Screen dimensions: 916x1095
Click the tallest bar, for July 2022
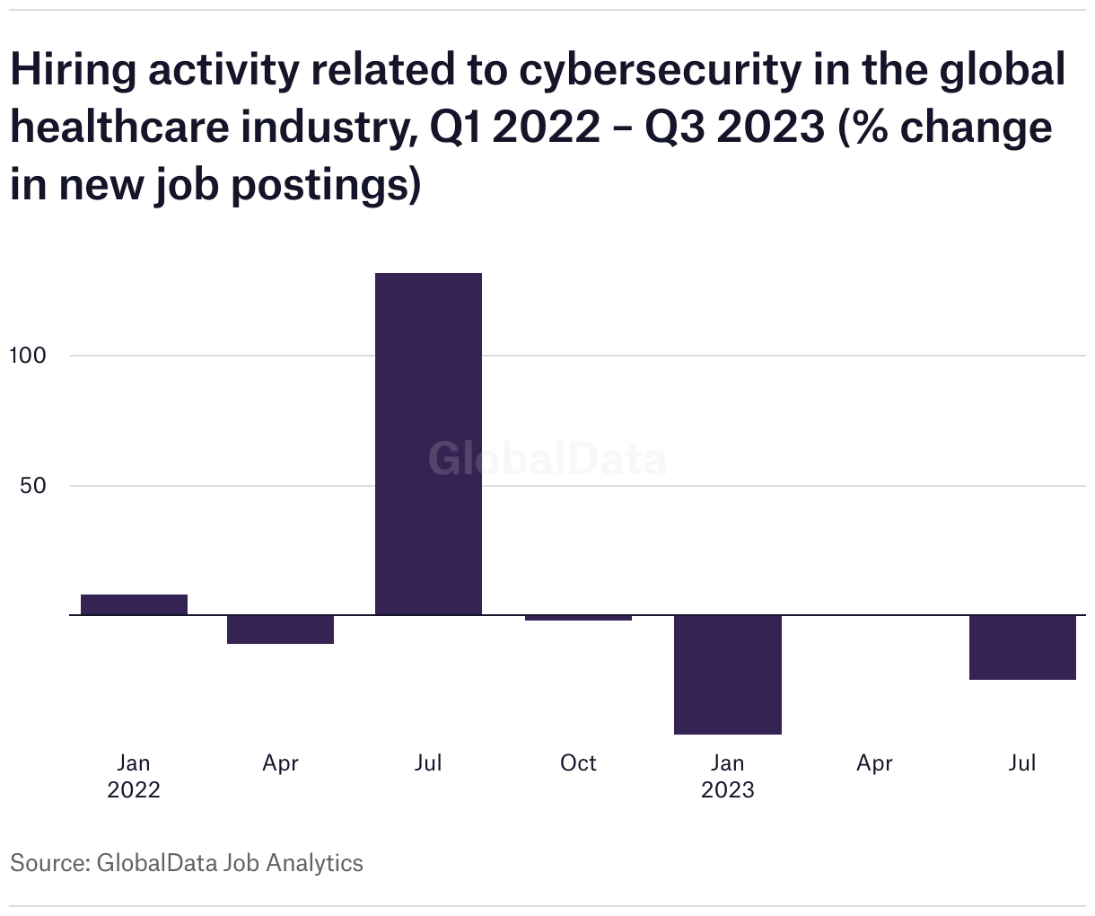[428, 444]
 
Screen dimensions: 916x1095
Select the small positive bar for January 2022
[134, 604]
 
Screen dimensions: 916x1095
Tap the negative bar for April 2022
[280, 630]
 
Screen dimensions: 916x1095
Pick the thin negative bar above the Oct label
[578, 618]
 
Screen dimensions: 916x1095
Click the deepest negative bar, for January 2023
[727, 674]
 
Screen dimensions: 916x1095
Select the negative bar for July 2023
[1022, 647]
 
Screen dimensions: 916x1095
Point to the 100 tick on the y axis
[27, 356]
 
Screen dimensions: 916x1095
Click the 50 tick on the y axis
[32, 486]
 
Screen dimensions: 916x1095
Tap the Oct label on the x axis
[578, 763]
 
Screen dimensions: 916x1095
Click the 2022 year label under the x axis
[134, 790]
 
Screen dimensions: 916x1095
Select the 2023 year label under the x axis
[727, 790]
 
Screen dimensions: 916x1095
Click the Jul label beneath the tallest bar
[428, 763]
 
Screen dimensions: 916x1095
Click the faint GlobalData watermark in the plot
[547, 459]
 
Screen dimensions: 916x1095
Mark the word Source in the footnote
[48, 864]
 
